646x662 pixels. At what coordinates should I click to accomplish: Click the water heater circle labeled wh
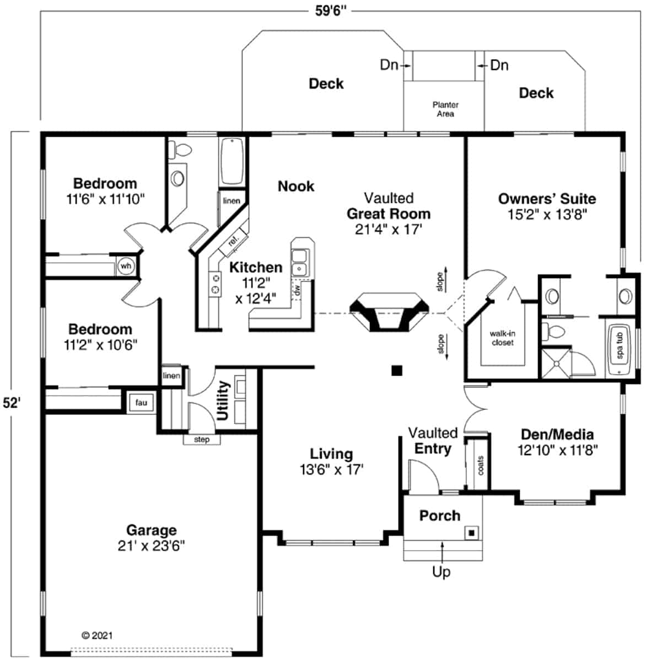tap(126, 266)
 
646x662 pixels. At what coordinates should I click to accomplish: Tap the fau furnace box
tap(141, 403)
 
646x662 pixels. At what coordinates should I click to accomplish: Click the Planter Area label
tap(445, 109)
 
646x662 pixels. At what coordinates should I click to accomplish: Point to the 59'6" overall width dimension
tap(331, 11)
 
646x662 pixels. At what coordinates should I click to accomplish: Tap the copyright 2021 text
tap(97, 635)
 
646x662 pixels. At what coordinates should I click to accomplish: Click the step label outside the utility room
tap(202, 439)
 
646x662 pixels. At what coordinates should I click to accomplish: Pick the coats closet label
tap(481, 465)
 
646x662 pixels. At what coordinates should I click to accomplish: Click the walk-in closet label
tap(502, 338)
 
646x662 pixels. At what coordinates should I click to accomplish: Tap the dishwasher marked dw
tap(297, 290)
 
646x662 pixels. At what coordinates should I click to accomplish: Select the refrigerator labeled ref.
tap(234, 242)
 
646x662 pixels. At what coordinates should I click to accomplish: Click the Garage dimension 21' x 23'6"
tap(151, 546)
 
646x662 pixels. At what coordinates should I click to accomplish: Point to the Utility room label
tap(223, 401)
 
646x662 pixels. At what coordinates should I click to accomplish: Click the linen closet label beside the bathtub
tap(232, 201)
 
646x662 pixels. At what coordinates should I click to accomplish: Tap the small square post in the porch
tap(472, 533)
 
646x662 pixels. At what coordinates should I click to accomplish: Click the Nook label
tap(296, 186)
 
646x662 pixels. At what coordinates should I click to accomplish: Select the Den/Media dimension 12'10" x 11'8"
tap(557, 450)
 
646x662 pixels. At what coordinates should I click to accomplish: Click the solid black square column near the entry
tap(397, 371)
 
